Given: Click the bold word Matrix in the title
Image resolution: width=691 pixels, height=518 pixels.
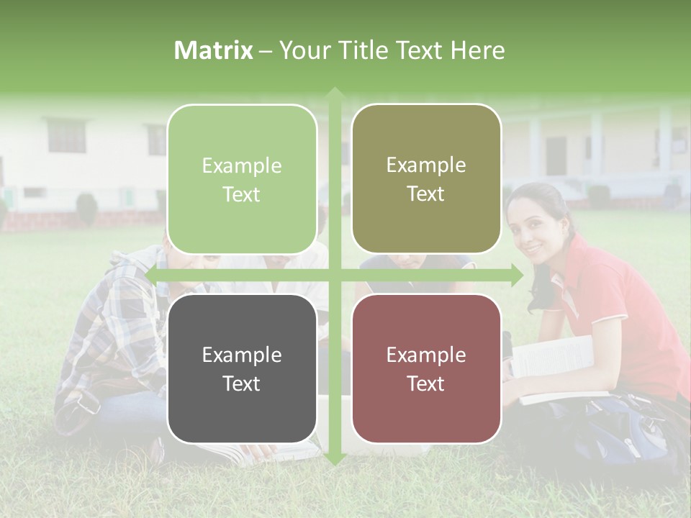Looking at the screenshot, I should click(x=214, y=50).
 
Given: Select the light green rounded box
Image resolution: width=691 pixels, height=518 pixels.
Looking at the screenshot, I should click(x=242, y=179).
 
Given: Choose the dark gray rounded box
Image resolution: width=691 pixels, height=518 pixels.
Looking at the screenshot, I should click(x=242, y=368).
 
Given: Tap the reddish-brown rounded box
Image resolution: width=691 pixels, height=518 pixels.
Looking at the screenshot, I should click(x=426, y=368).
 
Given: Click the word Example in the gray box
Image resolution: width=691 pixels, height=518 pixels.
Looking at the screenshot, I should click(x=242, y=355).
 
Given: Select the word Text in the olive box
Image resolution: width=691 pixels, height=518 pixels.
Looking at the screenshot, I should click(x=426, y=194).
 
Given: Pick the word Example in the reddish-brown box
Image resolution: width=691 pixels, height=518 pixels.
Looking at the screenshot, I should click(x=426, y=355).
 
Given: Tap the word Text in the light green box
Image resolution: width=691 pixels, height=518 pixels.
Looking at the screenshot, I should click(x=242, y=194).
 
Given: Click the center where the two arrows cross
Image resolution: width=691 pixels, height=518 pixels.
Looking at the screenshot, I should click(x=334, y=275).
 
